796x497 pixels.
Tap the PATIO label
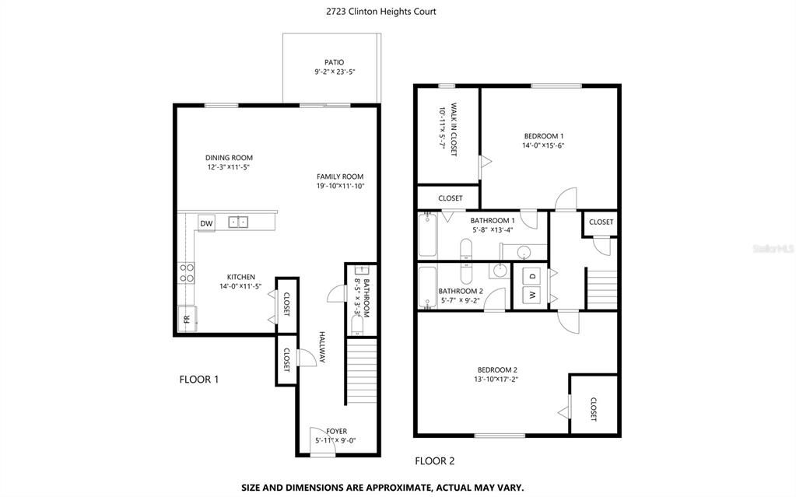[x=334, y=62]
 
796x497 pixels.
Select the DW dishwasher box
[x=206, y=224]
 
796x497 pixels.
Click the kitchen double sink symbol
[x=238, y=222]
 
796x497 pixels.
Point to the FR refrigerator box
[x=186, y=319]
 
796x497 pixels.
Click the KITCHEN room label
[x=240, y=277]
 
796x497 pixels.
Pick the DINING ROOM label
[x=229, y=158]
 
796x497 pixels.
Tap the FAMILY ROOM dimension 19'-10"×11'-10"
[x=340, y=186]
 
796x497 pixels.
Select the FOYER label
[x=336, y=431]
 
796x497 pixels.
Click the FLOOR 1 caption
[x=199, y=380]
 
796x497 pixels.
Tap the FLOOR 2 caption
[x=434, y=460]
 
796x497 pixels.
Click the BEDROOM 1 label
[x=542, y=136]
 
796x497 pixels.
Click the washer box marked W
[x=532, y=296]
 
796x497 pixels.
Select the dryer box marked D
[x=532, y=275]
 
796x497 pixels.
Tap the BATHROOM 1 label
[x=493, y=221]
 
